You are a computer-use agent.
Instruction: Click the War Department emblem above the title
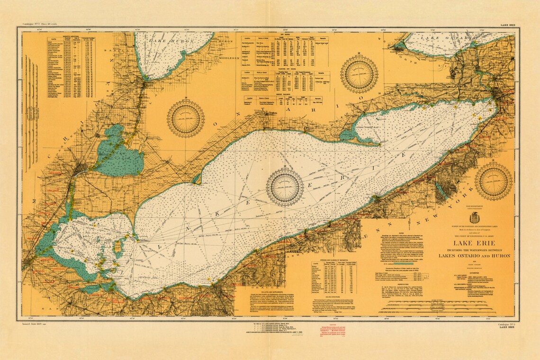tap(474, 218)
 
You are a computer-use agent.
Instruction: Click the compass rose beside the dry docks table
tap(359, 74)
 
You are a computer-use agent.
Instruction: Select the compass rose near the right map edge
tap(493, 181)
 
